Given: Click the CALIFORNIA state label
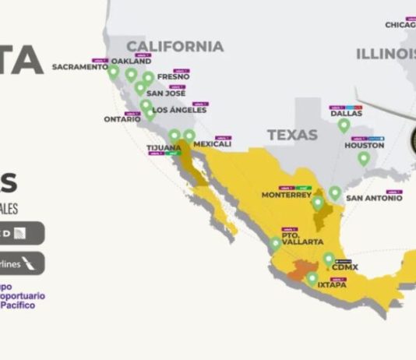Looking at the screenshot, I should click(x=175, y=46).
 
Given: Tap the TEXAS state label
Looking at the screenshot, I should click(x=292, y=135).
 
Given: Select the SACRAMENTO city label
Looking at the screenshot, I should click(x=80, y=67).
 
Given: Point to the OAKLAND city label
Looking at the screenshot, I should click(x=130, y=62).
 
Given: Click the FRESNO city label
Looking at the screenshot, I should click(x=173, y=77).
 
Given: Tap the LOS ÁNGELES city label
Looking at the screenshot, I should click(x=180, y=110).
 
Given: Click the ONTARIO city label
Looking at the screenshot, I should click(x=122, y=119).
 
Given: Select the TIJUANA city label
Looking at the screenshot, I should click(x=164, y=147).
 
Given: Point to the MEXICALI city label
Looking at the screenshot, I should click(x=212, y=144).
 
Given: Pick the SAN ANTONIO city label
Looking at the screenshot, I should click(x=374, y=197).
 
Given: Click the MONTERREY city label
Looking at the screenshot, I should click(x=286, y=195).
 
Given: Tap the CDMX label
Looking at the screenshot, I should click(x=344, y=266).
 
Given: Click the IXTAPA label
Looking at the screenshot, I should click(x=332, y=285).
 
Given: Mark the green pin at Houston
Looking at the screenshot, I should click(x=363, y=159).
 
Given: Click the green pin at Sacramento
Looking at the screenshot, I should click(x=114, y=72).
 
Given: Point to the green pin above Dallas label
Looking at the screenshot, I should click(x=344, y=125).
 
